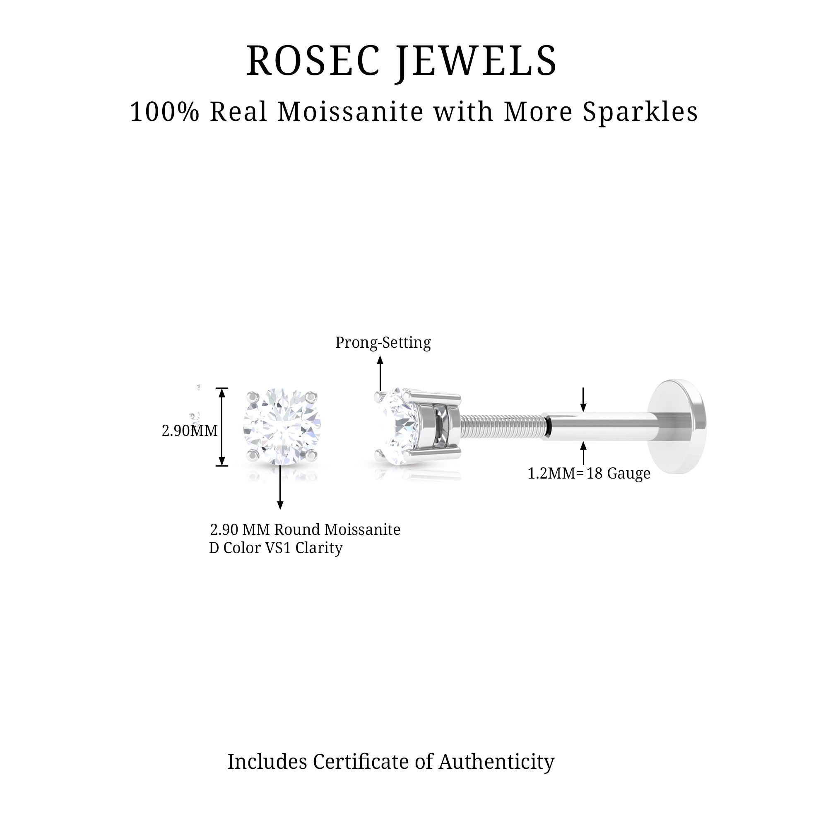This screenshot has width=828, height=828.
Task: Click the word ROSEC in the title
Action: pyautogui.click(x=313, y=61)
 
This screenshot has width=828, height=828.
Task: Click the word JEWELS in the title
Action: pyautogui.click(x=477, y=61)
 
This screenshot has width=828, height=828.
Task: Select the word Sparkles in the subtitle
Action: pyautogui.click(x=640, y=112)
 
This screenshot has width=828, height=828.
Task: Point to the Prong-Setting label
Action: pyautogui.click(x=383, y=342)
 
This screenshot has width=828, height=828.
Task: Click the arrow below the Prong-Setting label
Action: pyautogui.click(x=380, y=373)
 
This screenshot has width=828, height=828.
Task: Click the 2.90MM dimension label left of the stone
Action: pyautogui.click(x=190, y=430)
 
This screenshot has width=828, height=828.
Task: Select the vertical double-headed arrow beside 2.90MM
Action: pyautogui.click(x=221, y=426)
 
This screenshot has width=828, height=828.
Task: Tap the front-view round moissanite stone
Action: pyautogui.click(x=282, y=426)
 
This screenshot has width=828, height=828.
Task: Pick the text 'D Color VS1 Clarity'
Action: pyautogui.click(x=276, y=548)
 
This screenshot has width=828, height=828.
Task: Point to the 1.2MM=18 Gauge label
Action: pyautogui.click(x=588, y=473)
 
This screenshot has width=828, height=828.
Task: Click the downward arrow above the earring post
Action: pyautogui.click(x=583, y=400)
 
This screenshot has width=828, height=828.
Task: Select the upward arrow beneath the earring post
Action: pyautogui.click(x=583, y=453)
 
